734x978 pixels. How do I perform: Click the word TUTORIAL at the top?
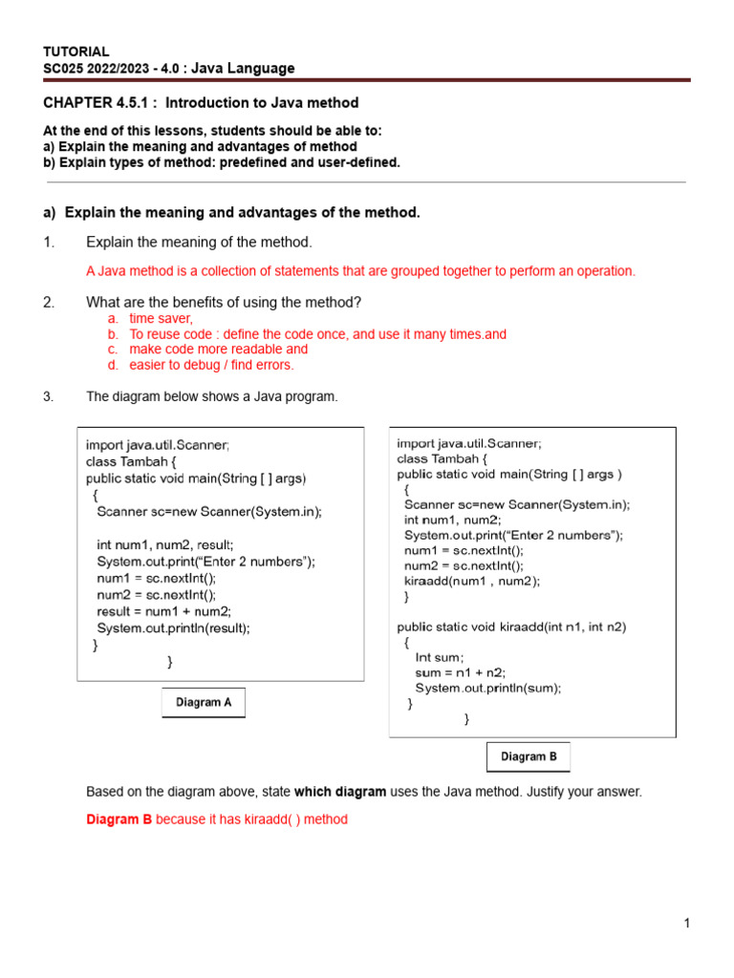click(76, 51)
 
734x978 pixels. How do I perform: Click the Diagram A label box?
click(204, 702)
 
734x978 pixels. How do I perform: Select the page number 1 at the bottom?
click(686, 923)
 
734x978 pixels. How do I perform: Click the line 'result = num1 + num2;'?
click(163, 611)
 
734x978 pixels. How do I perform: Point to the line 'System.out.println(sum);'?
click(487, 688)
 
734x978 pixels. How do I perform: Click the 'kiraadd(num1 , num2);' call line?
click(472, 581)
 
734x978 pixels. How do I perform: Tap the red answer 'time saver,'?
click(161, 319)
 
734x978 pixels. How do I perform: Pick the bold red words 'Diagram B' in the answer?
click(119, 819)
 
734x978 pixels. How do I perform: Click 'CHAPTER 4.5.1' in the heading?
click(95, 102)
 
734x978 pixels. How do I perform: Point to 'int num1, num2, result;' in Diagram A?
click(164, 544)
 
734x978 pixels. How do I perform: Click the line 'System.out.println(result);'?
click(173, 627)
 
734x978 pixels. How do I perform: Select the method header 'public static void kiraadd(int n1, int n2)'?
click(511, 627)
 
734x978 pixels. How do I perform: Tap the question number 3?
click(49, 396)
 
